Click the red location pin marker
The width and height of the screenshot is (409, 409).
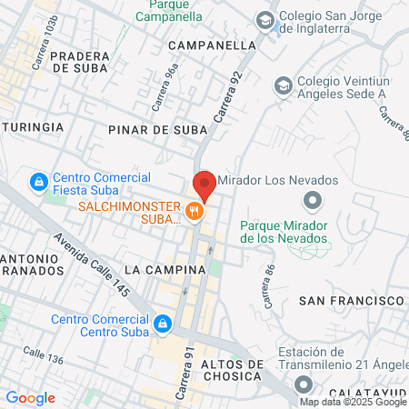click(204, 185)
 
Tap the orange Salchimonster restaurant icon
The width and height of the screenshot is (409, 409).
click(195, 212)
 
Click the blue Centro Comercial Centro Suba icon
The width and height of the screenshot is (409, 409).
click(163, 323)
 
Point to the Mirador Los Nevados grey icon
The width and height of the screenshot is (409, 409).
click(313, 199)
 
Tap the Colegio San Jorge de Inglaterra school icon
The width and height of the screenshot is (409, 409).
click(264, 20)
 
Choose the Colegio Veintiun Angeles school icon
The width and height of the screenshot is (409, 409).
click(283, 85)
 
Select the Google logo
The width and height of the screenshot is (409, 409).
click(30, 398)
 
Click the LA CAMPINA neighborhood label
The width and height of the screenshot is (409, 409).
click(160, 270)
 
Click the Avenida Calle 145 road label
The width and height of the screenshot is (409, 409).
click(92, 264)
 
